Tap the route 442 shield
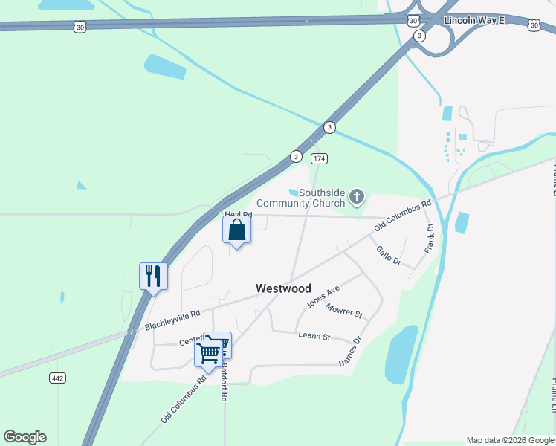58,378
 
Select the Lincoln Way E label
473,20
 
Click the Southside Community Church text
300,198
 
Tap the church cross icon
358,197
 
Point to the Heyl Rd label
238,215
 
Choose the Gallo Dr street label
388,256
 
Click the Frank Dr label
429,239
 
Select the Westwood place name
283,288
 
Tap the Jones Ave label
323,296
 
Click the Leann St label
314,336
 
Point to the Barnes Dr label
350,352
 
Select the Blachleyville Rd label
172,320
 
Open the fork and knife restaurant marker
153,276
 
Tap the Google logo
25,437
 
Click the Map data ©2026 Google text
510,440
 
